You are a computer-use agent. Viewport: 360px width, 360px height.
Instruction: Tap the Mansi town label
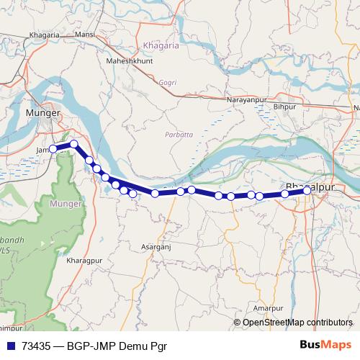(84, 34)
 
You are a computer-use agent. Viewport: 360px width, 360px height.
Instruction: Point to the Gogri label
(168, 83)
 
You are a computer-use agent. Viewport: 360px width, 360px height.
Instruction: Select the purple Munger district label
(67, 204)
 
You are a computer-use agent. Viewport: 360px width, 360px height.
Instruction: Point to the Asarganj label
(158, 246)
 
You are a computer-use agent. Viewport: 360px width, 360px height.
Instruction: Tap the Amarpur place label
(269, 308)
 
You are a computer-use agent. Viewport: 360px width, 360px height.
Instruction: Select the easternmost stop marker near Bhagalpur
(307, 190)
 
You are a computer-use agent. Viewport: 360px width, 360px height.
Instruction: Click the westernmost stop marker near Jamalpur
(53, 150)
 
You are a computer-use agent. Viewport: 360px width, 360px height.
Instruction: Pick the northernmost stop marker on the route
(74, 145)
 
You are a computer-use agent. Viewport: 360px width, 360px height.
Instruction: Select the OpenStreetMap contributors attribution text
(297, 323)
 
